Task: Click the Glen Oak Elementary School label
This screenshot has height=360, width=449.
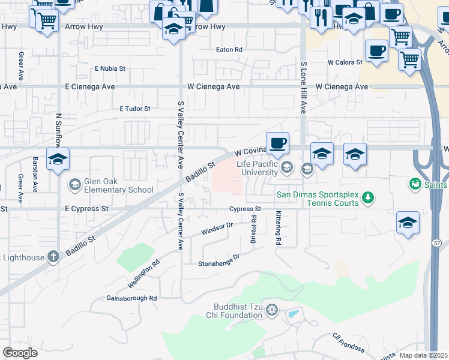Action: point(119,185)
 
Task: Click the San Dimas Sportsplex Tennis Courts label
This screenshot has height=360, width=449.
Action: point(317,198)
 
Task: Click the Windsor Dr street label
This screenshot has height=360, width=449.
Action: point(217,229)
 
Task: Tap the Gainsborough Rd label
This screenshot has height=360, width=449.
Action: point(131,298)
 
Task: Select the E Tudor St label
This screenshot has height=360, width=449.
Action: point(135,109)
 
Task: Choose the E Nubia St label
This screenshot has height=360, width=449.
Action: point(110,68)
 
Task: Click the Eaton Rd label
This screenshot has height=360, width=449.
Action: point(229,49)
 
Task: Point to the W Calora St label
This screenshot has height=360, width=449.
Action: point(345,62)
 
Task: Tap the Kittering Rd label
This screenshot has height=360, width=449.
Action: point(278,228)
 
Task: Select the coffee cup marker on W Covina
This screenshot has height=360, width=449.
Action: point(277,143)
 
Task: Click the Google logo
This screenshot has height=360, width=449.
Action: point(20,352)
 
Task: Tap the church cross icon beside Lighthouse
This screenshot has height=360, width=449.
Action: point(53,257)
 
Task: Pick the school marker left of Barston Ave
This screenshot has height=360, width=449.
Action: point(58,160)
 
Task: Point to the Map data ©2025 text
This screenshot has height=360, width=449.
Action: point(423,355)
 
